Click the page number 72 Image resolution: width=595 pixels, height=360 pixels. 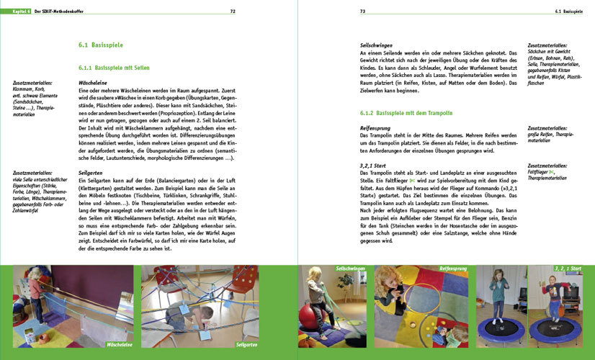coord(233,12)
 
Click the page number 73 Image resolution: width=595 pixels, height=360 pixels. coord(363,12)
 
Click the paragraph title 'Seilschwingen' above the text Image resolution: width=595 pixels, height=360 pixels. coord(376,45)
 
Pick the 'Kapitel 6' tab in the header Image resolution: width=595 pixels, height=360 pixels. coord(17,12)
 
